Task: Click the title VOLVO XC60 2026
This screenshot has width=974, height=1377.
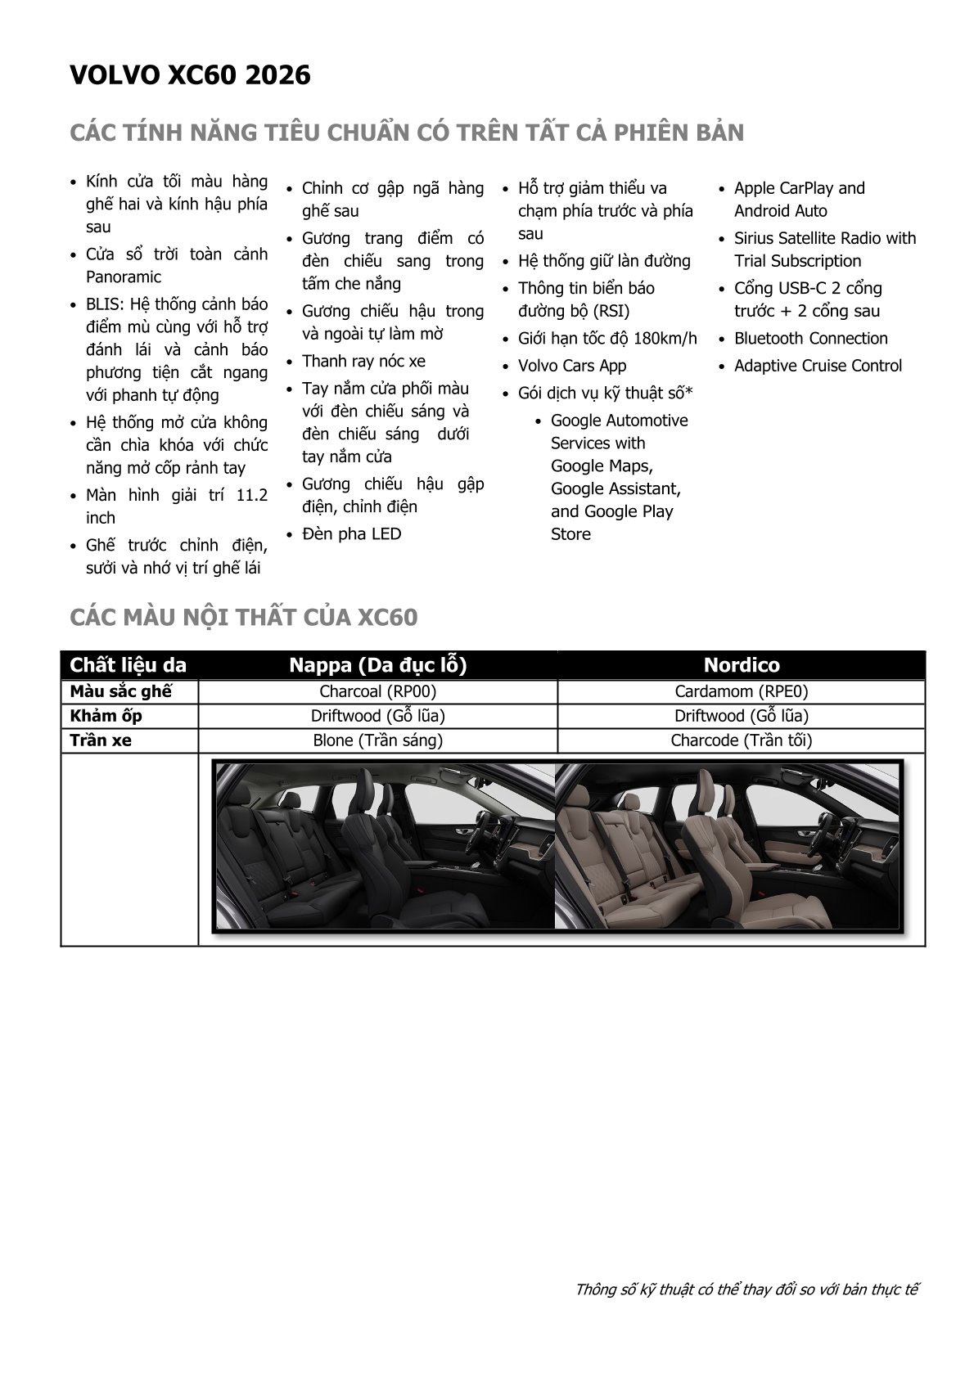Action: point(190,75)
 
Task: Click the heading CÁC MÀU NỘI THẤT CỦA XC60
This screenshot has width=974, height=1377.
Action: point(243,617)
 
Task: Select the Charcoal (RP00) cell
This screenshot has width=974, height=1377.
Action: point(377,691)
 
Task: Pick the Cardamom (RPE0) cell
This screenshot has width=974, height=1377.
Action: point(741,691)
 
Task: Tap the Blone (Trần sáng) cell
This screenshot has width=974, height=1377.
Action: point(377,740)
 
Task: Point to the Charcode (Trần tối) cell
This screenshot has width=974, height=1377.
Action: point(741,740)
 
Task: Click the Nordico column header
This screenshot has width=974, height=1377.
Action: point(741,664)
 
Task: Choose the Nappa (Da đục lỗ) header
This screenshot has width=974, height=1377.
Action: point(377,664)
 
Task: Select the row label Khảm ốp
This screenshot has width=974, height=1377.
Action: point(106,716)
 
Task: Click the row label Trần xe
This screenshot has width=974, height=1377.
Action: point(100,740)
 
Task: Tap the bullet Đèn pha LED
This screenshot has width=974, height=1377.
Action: point(351,534)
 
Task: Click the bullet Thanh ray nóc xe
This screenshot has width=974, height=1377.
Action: point(363,362)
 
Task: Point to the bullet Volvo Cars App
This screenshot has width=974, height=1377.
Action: point(571,366)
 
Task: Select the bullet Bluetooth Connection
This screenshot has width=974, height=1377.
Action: point(810,339)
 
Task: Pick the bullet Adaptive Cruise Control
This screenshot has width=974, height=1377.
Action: point(818,366)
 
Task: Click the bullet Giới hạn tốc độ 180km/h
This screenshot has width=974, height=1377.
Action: point(607,339)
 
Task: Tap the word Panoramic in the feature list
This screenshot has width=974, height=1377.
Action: point(124,277)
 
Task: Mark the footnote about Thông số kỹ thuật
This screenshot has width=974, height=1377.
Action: point(746,1289)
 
